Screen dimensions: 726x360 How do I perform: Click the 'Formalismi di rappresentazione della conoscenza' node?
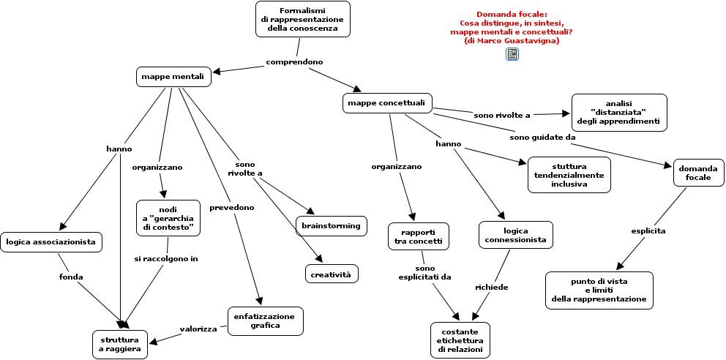tap(303, 19)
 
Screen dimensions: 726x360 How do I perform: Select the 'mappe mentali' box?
tap(173, 77)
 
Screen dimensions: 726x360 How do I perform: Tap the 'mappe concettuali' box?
tap(388, 102)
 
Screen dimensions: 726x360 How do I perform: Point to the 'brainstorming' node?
tap(332, 226)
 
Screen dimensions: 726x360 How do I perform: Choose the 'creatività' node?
tap(332, 274)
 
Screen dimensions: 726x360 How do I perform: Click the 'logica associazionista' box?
tap(51, 242)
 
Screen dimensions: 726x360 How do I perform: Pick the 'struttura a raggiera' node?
tap(120, 345)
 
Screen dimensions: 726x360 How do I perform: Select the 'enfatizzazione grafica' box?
tap(266, 321)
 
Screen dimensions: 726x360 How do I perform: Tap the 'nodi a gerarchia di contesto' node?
tap(168, 218)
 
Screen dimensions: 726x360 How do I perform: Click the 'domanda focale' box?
tap(698, 173)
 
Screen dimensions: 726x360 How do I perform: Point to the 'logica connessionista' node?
tap(516, 235)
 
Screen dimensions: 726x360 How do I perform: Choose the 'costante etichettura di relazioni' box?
tap(460, 340)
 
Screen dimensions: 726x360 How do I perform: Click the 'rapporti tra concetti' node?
tap(419, 236)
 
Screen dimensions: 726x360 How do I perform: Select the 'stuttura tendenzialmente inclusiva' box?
tap(569, 175)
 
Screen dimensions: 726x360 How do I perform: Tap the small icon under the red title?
tap(512, 54)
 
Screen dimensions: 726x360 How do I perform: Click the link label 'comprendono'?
tap(294, 61)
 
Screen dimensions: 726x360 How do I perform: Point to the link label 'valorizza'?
tap(198, 329)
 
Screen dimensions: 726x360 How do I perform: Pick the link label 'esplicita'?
tap(648, 230)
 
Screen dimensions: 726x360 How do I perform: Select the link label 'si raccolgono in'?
tap(166, 259)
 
